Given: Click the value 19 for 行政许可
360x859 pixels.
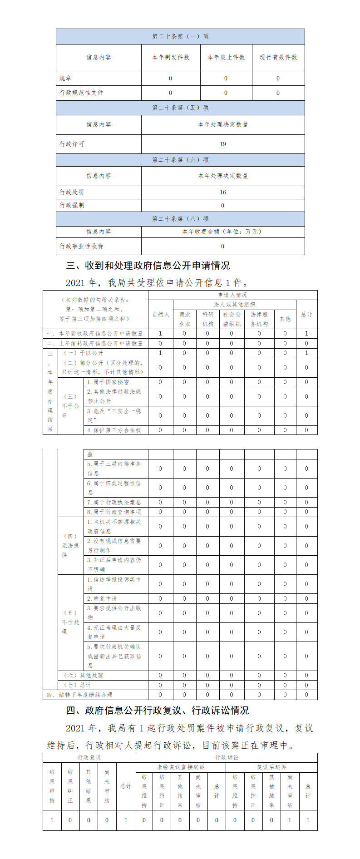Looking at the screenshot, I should [222, 144].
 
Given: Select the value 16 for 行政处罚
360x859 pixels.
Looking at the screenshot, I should [222, 192].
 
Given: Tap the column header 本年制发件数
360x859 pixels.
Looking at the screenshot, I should [171, 57].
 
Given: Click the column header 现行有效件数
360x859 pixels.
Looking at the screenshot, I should [278, 57].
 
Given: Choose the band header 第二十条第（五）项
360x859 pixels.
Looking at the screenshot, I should [180, 108].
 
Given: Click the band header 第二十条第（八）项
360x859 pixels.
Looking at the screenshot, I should [180, 219].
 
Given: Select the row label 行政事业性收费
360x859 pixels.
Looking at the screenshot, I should [82, 246].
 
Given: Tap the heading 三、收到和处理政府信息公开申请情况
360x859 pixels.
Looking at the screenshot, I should [148, 266].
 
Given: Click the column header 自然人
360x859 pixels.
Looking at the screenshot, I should [160, 314].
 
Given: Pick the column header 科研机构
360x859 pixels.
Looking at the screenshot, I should [207, 319].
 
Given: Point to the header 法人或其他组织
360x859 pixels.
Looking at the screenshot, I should [234, 304].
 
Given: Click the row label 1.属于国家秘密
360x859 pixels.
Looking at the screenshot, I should [108, 382].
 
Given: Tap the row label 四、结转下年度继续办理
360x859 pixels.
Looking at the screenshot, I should [79, 695].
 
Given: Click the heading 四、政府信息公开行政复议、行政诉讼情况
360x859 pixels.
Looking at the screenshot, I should [158, 711].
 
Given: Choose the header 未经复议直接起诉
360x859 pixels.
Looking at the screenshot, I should [181, 767].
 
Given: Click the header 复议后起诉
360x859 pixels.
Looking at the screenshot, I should [271, 767].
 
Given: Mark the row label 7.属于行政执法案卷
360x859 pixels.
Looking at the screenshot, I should [114, 502].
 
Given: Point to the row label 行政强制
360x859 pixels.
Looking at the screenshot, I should [72, 205].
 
